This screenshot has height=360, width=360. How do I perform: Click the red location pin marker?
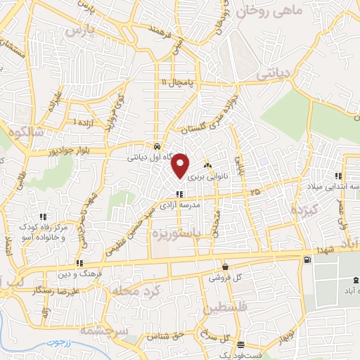click(181, 165)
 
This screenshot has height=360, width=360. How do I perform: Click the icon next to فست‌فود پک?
click(241, 345)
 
